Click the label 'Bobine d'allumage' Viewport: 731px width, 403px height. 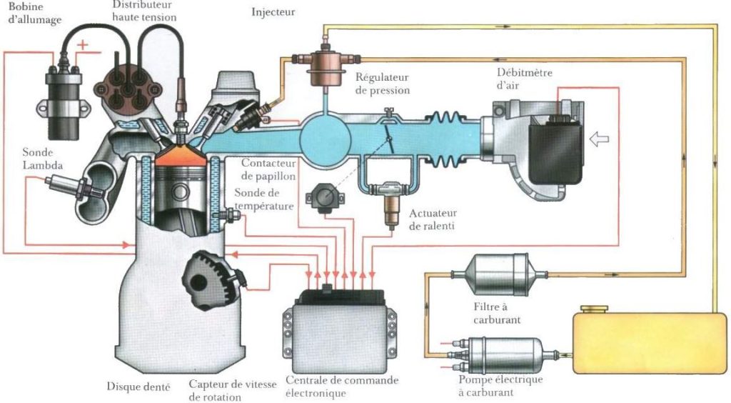[x=26, y=13]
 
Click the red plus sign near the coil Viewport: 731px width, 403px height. [x=84, y=45]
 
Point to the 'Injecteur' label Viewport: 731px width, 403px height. [x=273, y=12]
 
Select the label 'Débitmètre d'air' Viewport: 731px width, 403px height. [x=524, y=79]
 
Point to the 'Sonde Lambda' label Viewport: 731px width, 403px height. [x=42, y=158]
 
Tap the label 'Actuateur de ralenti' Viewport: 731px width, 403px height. [x=433, y=219]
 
